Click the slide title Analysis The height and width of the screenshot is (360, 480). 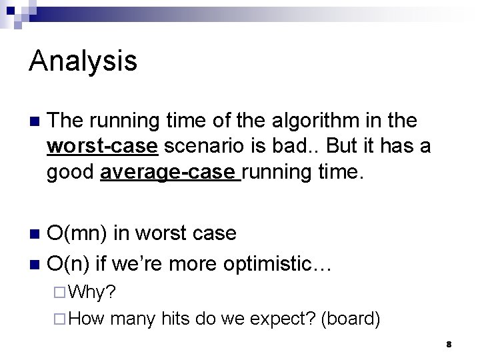click(x=83, y=61)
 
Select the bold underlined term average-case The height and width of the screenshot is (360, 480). click(x=169, y=173)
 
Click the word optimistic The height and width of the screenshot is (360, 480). click(x=276, y=264)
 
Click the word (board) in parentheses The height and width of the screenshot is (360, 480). click(x=351, y=319)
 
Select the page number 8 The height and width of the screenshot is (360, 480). click(x=449, y=345)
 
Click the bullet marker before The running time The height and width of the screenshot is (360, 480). click(x=35, y=122)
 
